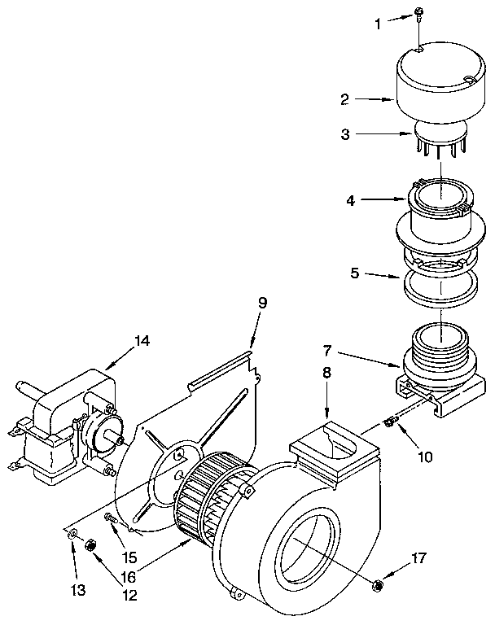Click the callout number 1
377,24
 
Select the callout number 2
345,99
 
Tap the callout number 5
354,274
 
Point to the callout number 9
262,303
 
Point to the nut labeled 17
377,583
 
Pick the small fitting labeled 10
389,422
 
